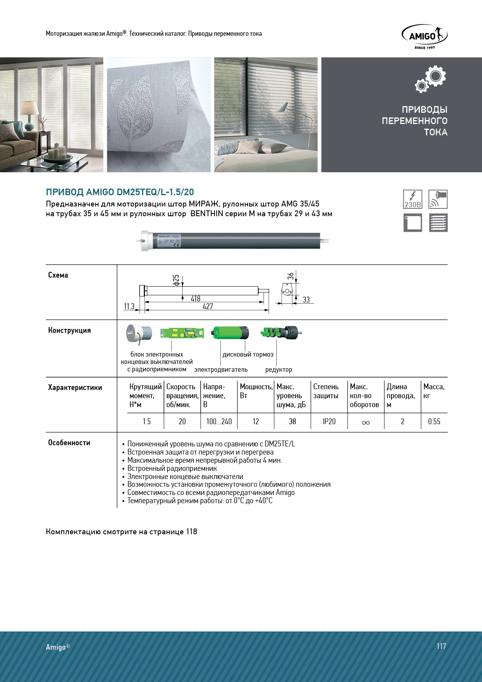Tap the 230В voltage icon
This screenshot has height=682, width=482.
412,199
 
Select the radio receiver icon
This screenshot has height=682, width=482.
438,199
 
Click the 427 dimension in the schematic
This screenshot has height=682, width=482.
208,306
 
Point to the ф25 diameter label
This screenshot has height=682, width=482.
176,280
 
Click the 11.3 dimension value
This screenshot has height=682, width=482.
129,306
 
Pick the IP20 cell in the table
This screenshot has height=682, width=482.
329,421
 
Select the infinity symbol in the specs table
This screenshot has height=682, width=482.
365,422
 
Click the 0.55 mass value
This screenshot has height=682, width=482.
434,421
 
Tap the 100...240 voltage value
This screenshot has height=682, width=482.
219,421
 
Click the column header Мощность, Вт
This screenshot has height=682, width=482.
256,391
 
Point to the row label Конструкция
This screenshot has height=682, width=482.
70,331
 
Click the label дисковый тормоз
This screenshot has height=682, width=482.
248,355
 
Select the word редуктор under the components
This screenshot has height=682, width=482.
278,370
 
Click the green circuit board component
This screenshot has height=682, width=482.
182,333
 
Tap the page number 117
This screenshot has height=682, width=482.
441,646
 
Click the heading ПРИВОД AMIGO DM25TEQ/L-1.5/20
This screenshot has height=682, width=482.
120,192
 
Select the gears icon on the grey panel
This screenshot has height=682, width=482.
430,79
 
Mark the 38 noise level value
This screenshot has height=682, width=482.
292,421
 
